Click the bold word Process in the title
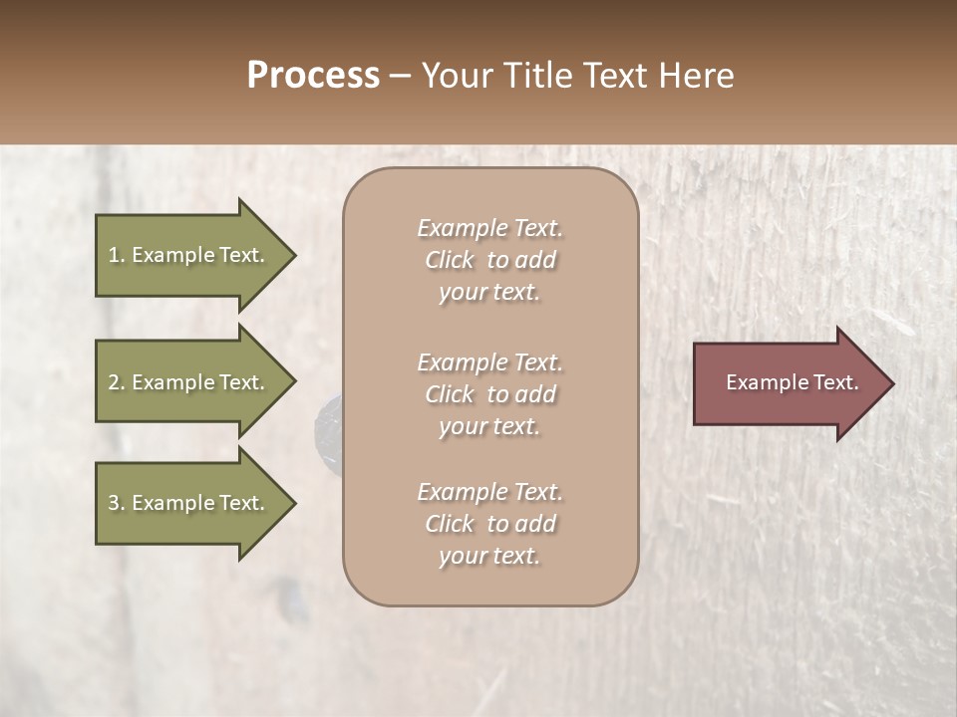pos(313,76)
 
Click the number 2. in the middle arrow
pos(116,382)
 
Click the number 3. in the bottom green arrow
pos(116,503)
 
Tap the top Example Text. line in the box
pos(489,228)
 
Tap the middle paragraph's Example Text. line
pos(489,362)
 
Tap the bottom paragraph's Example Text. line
pos(489,492)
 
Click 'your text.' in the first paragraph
pos(489,293)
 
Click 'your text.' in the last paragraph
pos(489,557)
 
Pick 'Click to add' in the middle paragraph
pos(489,394)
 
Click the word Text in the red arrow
pos(836,382)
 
